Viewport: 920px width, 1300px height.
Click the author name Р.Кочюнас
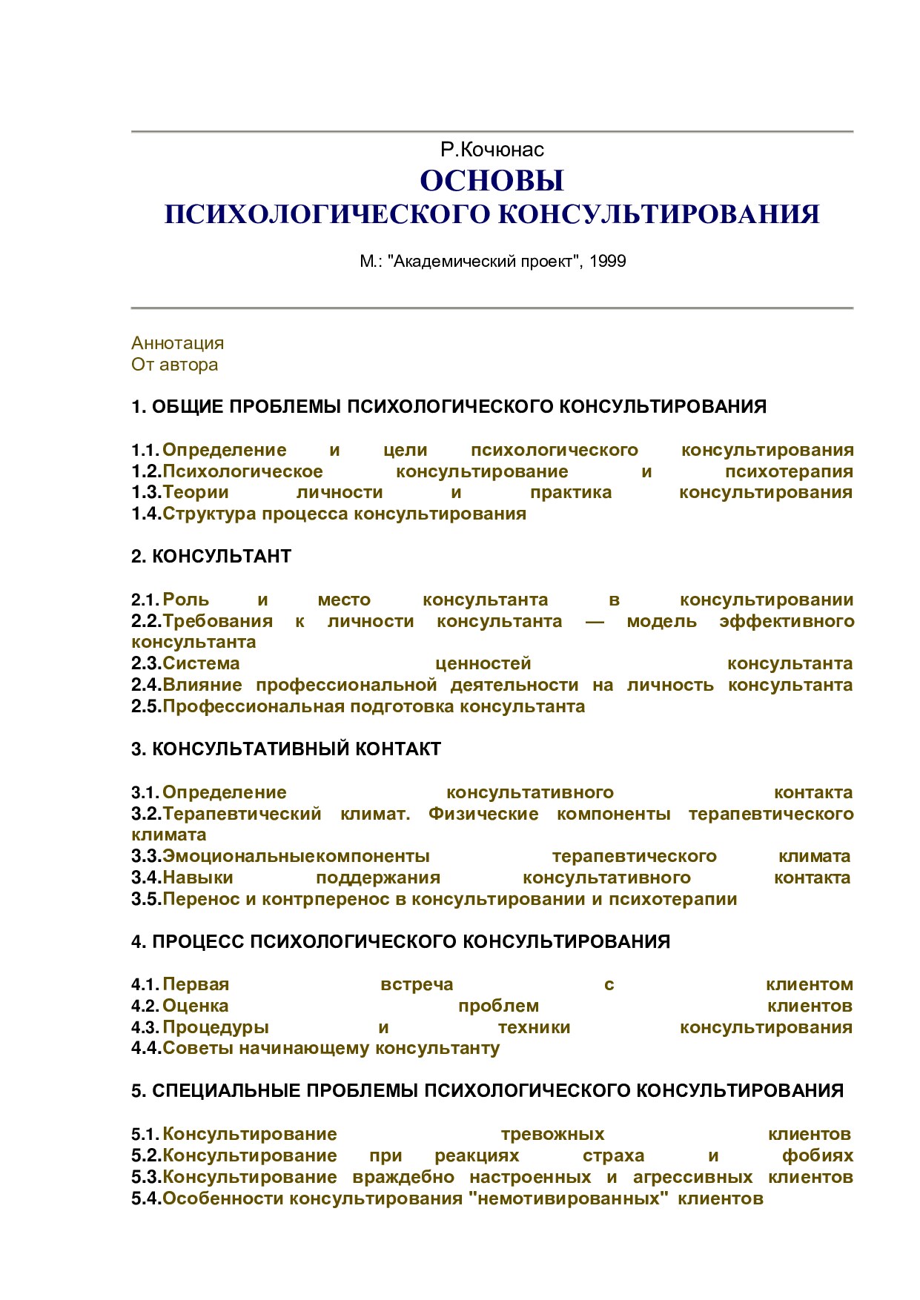tap(492, 150)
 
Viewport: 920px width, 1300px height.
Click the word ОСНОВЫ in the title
tap(492, 180)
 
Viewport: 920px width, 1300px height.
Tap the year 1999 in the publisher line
tap(608, 261)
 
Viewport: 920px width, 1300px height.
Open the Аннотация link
tap(177, 343)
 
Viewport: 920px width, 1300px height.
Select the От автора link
tap(174, 365)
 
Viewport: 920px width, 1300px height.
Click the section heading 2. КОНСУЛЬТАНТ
tap(211, 557)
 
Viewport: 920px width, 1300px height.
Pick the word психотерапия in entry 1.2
tap(789, 471)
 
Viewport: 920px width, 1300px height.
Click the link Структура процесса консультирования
tap(344, 514)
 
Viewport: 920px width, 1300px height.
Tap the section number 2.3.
tap(146, 663)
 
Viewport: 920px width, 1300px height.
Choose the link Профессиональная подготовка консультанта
tap(374, 706)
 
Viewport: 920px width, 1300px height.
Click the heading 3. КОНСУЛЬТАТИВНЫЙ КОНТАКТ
tap(286, 749)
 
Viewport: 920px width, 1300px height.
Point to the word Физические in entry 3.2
tap(483, 814)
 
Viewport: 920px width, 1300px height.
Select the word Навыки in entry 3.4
tap(198, 878)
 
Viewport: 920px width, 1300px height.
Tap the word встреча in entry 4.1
tap(417, 984)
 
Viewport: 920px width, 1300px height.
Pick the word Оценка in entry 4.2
tap(196, 1006)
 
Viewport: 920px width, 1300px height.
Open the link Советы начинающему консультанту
tap(331, 1048)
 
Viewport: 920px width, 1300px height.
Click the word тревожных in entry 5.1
tap(552, 1134)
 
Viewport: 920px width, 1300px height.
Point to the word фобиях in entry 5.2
tap(818, 1155)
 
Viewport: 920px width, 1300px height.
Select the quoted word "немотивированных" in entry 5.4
tap(567, 1198)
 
